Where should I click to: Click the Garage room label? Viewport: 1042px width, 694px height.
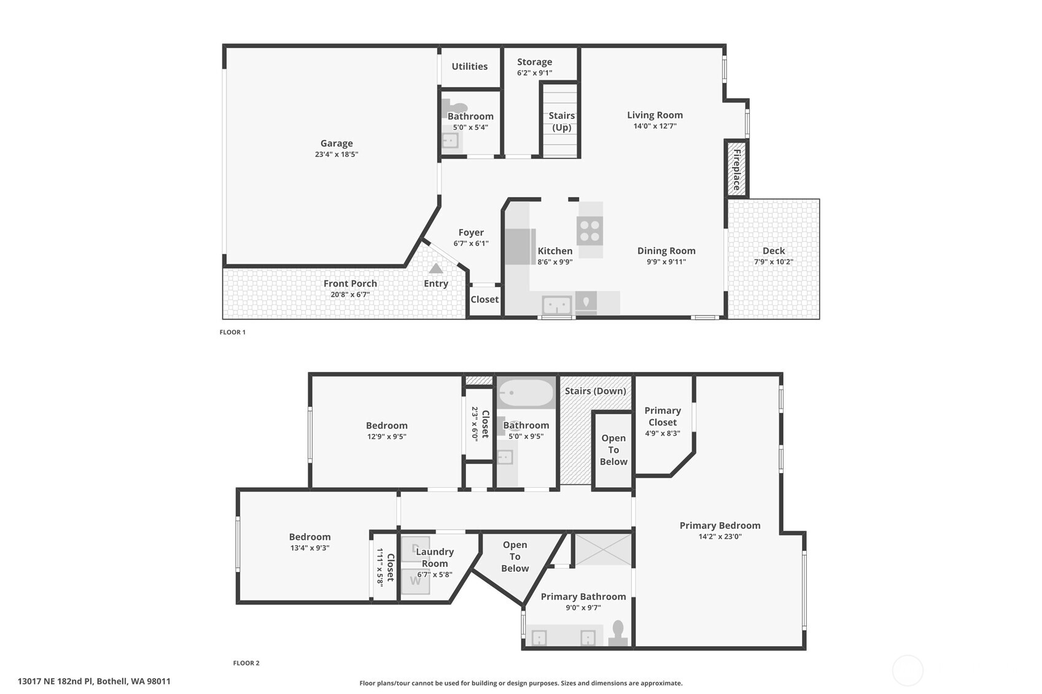coord(336,144)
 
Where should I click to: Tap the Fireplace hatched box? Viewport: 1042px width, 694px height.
coord(736,169)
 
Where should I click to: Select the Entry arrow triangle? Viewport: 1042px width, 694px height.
coord(435,268)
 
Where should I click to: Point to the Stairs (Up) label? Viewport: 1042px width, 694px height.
coord(561,121)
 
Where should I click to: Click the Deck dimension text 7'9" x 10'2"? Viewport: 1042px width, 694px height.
coord(773,262)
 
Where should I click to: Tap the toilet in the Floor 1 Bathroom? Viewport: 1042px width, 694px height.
coord(453,106)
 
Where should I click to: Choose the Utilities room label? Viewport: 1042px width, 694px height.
coord(469,66)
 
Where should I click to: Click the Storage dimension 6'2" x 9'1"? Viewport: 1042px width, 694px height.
coord(534,73)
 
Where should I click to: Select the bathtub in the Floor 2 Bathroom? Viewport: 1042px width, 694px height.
coord(526,393)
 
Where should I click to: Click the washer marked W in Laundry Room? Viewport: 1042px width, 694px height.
coord(416,580)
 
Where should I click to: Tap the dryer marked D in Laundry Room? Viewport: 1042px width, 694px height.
coord(416,548)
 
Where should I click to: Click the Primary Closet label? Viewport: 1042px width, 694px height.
coord(662,416)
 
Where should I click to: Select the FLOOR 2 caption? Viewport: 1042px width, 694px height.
coord(246,663)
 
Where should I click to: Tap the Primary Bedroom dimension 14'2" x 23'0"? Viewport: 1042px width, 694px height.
coord(720,536)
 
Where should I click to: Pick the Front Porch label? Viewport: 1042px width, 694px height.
coord(350,283)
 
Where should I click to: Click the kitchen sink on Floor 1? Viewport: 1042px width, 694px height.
coord(556,304)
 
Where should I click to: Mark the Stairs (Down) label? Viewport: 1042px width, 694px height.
coord(595,391)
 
